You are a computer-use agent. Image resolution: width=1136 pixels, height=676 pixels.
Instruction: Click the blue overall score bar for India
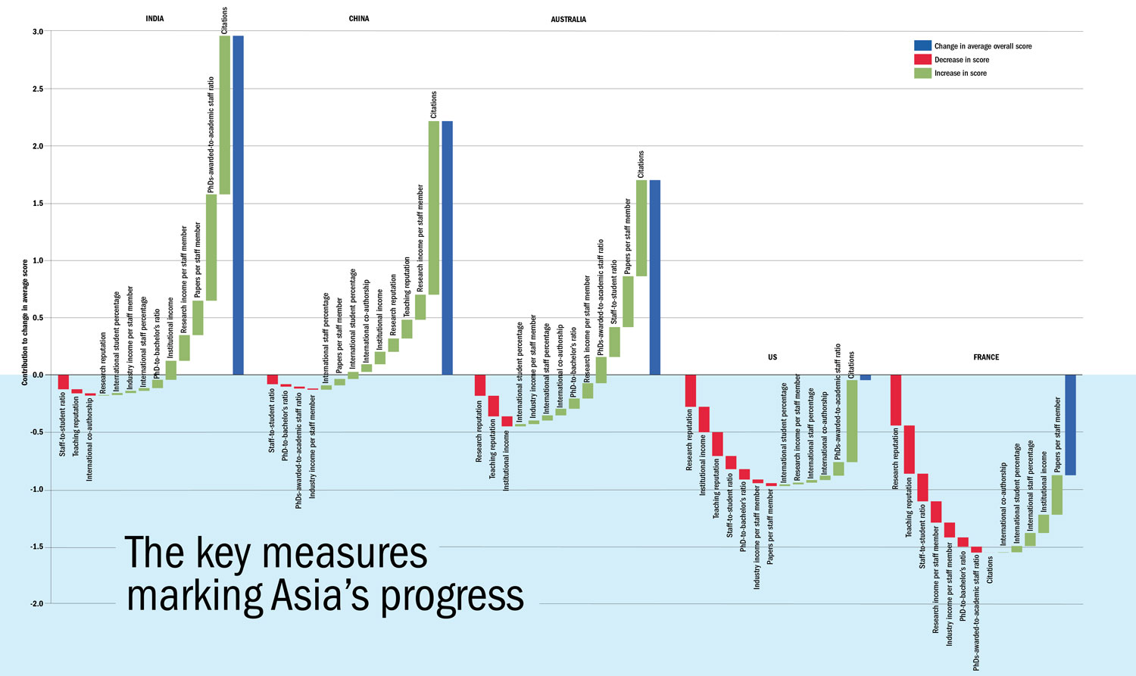point(238,204)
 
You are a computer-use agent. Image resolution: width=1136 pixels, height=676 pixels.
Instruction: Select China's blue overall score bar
point(447,248)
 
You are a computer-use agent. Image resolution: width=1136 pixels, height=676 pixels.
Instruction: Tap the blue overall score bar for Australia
point(655,277)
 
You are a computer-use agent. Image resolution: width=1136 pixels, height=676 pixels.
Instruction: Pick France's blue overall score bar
point(1070,425)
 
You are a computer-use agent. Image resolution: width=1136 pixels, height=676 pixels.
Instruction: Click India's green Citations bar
point(224,114)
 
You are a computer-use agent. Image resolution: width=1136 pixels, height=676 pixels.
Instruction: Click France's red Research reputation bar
point(896,400)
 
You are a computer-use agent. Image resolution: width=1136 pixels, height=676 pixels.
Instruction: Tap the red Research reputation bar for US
point(690,391)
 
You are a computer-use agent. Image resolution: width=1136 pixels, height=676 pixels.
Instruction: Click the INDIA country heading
point(154,19)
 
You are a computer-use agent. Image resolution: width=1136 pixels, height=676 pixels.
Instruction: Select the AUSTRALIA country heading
point(568,19)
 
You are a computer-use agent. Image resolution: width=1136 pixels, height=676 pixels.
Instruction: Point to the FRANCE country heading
point(986,357)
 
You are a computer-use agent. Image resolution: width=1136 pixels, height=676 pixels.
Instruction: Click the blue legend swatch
point(922,46)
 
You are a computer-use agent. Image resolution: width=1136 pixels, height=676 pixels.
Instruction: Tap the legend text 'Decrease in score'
point(962,60)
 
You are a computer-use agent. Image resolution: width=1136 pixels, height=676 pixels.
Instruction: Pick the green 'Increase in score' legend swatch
point(922,73)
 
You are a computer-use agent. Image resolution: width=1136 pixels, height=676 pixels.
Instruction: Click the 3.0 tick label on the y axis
point(37,32)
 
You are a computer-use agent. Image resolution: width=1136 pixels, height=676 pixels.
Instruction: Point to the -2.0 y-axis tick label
point(36,604)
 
